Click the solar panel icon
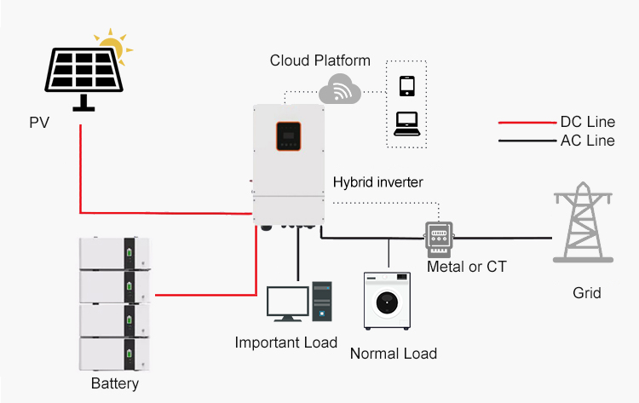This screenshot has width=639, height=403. [x=84, y=78]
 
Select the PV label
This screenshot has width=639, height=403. [x=39, y=122]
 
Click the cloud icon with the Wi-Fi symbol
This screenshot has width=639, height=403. [x=339, y=89]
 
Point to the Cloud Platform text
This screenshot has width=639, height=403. [x=319, y=60]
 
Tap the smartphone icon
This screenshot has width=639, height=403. [x=406, y=86]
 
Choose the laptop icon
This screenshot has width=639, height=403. [x=406, y=124]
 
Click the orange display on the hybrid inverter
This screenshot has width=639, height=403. [x=289, y=136]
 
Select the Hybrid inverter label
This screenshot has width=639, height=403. [x=377, y=182]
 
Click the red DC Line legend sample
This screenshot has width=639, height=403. [x=527, y=122]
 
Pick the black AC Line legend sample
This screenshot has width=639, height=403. [x=527, y=141]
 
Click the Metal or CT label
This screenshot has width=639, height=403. [x=467, y=267]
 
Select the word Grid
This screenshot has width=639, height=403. [x=586, y=293]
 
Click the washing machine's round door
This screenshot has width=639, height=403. [x=387, y=302]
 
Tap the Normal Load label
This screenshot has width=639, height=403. [x=394, y=354]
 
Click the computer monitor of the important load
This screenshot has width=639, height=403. [x=288, y=303]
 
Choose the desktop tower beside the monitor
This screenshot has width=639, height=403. [x=322, y=301]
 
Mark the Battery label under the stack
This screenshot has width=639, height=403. [x=115, y=383]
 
